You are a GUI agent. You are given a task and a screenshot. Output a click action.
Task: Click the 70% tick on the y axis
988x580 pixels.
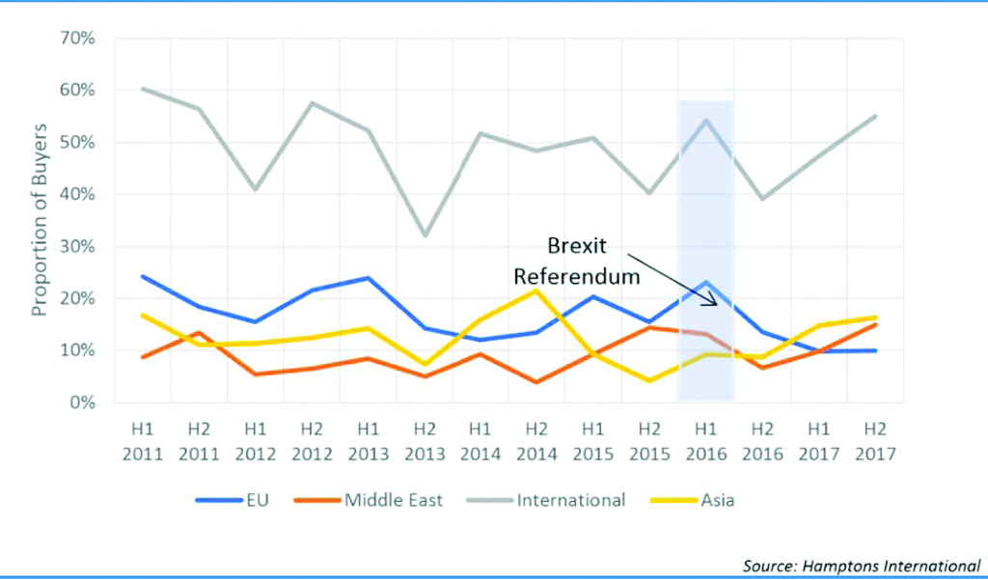[x=78, y=39]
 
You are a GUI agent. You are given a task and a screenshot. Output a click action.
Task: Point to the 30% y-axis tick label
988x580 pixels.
[x=78, y=246]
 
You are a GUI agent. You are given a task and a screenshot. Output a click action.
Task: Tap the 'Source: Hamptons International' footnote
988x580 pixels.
[x=861, y=564]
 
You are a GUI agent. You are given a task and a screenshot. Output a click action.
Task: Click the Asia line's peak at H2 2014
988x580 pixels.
[x=535, y=290]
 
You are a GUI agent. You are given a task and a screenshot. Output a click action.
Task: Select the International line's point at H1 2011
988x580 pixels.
[x=143, y=89]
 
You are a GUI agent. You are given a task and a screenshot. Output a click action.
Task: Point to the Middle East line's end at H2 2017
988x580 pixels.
[x=876, y=324]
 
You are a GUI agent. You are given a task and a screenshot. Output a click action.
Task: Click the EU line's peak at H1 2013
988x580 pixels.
[x=368, y=278]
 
